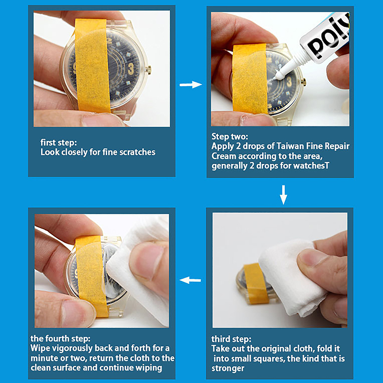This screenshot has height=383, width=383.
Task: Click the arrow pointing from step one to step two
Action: (191, 85)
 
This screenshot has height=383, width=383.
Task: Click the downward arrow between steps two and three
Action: (283, 195)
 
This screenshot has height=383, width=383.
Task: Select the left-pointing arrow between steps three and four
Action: (190, 280)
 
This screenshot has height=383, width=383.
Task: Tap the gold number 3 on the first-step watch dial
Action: (131, 69)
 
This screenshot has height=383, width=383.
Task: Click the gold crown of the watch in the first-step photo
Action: (148, 69)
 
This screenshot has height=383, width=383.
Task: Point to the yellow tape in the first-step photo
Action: (92, 66)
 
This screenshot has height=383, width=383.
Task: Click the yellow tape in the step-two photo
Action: (249, 79)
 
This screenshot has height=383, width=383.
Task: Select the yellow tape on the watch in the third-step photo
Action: (256, 283)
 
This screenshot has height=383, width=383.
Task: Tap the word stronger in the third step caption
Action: (228, 368)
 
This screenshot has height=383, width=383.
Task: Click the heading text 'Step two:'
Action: (230, 136)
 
